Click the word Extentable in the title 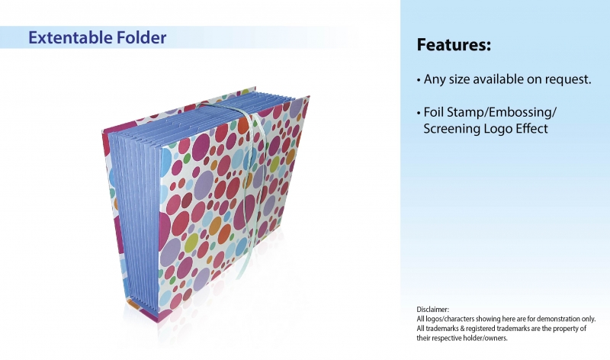tap(65, 37)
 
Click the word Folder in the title tap(136, 37)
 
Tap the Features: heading tap(454, 44)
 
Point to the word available tap(493, 79)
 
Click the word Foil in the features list tap(433, 112)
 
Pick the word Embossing tap(521, 112)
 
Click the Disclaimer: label tap(432, 310)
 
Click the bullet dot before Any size tap(419, 80)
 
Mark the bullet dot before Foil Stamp tap(419, 113)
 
